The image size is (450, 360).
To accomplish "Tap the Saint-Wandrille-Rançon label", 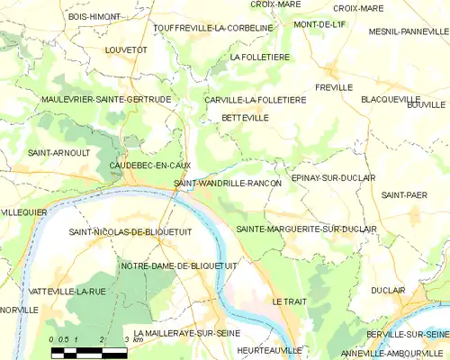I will coord(228,184).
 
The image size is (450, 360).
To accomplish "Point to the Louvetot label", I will coord(126,50).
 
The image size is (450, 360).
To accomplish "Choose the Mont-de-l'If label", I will coord(319,24).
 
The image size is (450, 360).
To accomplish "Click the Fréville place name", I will coord(333,87).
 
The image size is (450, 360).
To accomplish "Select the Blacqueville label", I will coord(391,99).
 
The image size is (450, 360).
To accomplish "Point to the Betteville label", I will coord(244,117).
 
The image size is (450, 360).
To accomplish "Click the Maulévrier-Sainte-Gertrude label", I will coord(106,99).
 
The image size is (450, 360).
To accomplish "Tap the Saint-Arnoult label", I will coord(58,152).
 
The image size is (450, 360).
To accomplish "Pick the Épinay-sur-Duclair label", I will coord(333,178).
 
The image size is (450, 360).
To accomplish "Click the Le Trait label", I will coord(289,301).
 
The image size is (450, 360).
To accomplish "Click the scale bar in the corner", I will coord(90,350).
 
